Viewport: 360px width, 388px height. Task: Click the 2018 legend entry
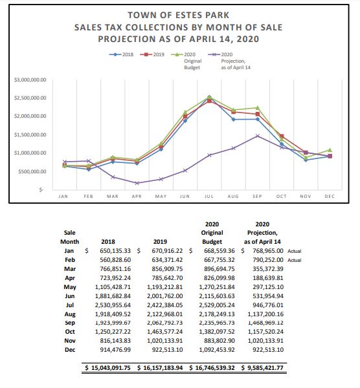coord(122,54)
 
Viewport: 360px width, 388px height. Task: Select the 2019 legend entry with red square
coord(152,54)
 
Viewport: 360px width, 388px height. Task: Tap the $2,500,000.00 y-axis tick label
coord(30,98)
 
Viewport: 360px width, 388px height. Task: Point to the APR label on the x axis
coord(137,196)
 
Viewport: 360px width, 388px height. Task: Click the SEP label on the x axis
coord(257,196)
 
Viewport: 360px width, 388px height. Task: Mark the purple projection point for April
coord(137,183)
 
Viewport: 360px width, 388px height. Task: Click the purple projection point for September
coord(258,136)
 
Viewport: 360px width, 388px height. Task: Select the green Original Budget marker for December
coord(330,150)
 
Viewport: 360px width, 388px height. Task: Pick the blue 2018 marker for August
coord(233,120)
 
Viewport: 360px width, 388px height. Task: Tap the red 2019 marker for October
coord(282,136)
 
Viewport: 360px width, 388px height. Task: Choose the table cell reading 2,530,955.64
coord(113,305)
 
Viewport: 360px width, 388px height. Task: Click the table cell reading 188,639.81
coord(268,278)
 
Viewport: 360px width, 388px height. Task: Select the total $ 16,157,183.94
coord(160,368)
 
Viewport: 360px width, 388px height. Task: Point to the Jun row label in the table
coord(70,296)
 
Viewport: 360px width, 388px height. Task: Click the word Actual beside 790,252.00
coord(295,260)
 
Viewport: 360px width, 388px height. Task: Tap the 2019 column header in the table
coord(160,242)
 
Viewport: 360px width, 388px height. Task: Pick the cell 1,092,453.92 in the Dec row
coord(217,350)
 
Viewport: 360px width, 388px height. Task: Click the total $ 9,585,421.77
coord(262,368)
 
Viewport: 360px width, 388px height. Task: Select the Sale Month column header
coord(70,237)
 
